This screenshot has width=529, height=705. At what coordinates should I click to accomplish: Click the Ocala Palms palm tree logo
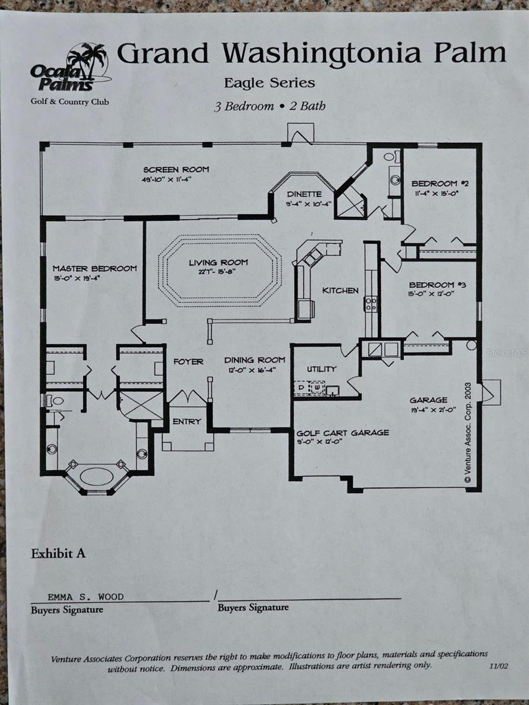pyautogui.click(x=71, y=68)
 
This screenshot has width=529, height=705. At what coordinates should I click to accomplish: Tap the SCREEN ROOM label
pyautogui.click(x=176, y=169)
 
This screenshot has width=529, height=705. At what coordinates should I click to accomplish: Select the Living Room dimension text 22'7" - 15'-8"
pyautogui.click(x=218, y=271)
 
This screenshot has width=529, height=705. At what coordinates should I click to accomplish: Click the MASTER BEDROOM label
pyautogui.click(x=95, y=268)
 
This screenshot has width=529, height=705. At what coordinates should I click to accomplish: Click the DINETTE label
pyautogui.click(x=304, y=194)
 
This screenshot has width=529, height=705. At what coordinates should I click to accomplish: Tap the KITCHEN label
pyautogui.click(x=340, y=290)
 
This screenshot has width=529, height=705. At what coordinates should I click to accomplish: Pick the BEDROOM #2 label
pyautogui.click(x=440, y=183)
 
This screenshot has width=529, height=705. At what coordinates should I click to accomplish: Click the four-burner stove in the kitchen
pyautogui.click(x=371, y=304)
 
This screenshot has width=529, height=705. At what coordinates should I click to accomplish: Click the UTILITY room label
pyautogui.click(x=321, y=369)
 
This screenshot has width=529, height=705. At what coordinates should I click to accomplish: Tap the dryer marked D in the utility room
pyautogui.click(x=302, y=388)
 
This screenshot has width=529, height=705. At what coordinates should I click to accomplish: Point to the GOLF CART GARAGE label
pyautogui.click(x=343, y=432)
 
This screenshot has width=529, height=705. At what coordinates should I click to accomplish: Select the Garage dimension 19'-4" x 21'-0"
pyautogui.click(x=433, y=410)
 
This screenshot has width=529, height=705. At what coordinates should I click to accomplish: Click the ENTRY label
pyautogui.click(x=187, y=421)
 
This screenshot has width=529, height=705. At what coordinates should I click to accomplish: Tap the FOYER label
pyautogui.click(x=189, y=362)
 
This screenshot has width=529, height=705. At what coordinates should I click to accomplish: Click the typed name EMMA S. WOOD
pyautogui.click(x=85, y=597)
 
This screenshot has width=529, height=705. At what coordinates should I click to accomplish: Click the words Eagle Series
pyautogui.click(x=269, y=83)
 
